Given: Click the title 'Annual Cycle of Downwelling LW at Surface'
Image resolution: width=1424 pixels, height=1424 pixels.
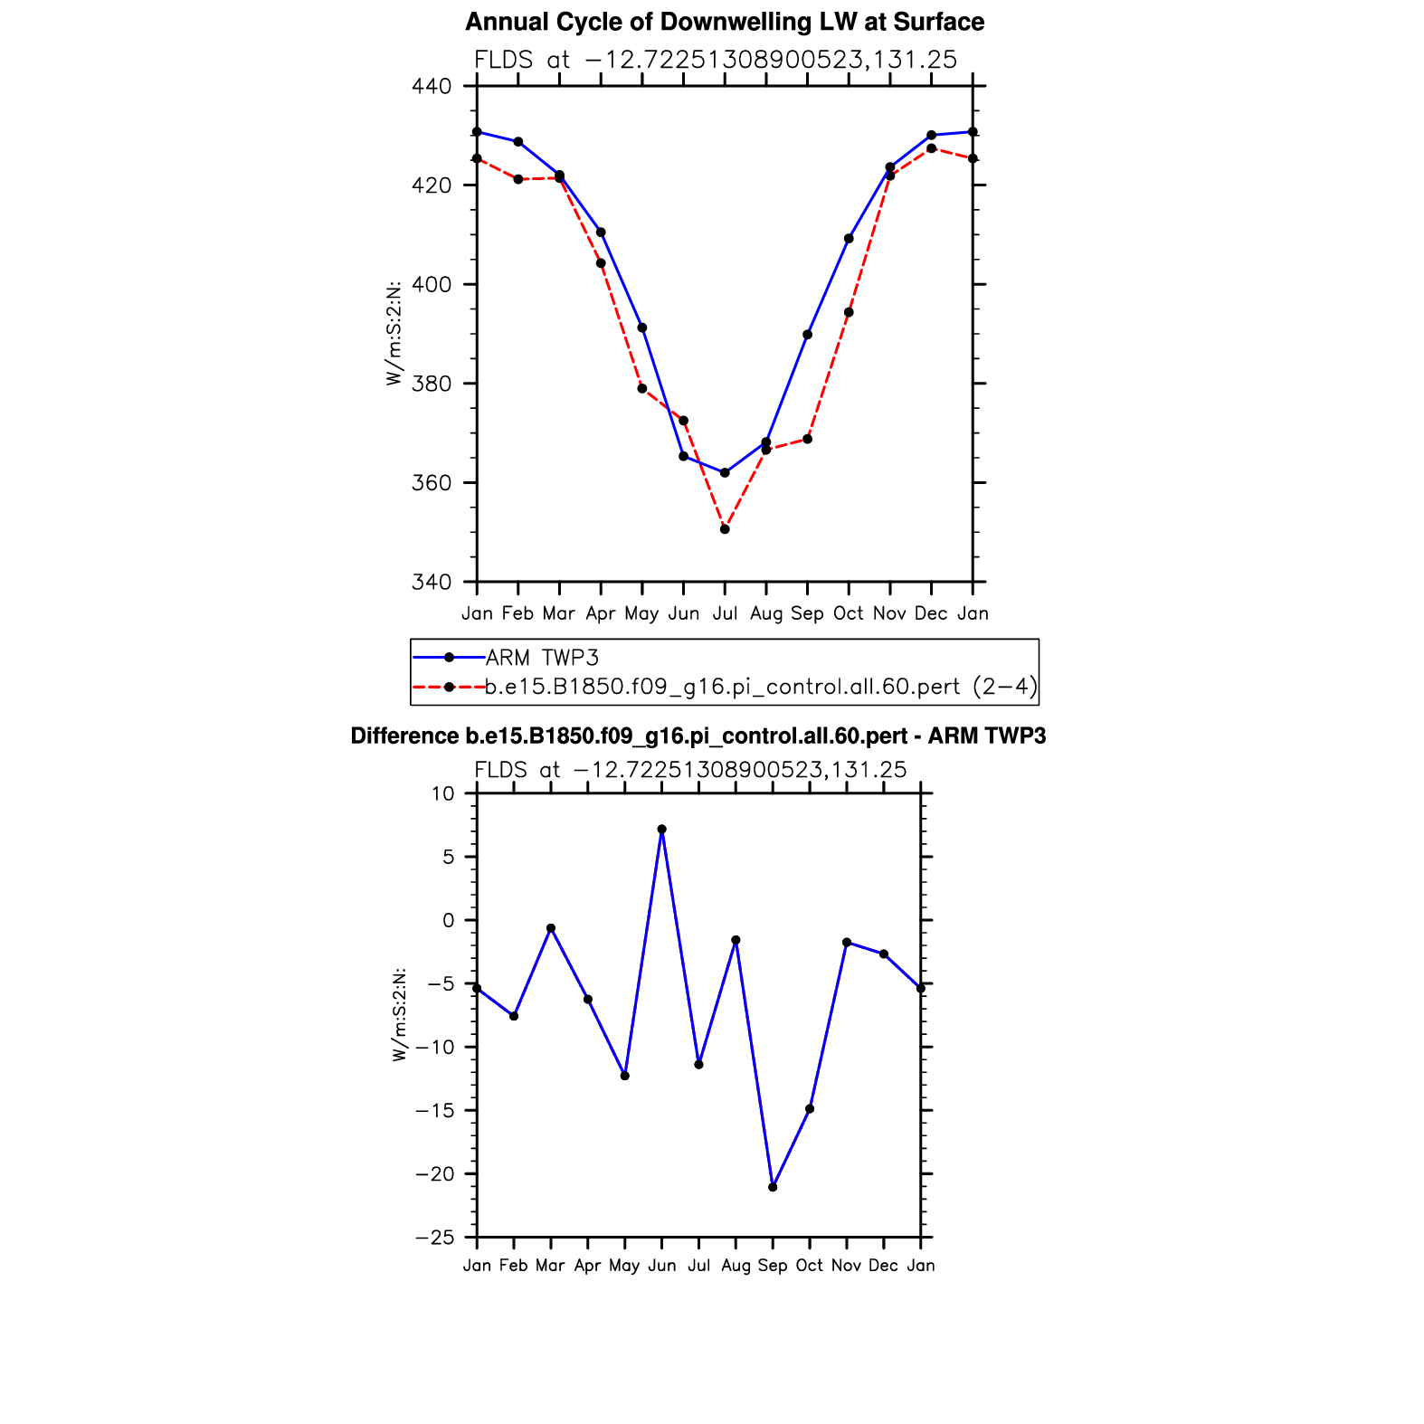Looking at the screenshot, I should pos(724,22).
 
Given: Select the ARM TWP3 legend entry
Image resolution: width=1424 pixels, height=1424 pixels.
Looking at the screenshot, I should pos(542,658).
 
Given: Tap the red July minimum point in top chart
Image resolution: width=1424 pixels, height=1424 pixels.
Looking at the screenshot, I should pos(725,529).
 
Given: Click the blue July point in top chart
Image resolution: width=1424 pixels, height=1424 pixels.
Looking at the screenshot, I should pos(725,472).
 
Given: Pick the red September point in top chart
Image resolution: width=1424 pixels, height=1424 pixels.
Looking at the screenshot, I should pos(807,439).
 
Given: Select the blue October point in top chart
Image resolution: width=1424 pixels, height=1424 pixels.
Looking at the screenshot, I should pos(849,239).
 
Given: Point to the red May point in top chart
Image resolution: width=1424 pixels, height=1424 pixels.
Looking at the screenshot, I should pos(642,388).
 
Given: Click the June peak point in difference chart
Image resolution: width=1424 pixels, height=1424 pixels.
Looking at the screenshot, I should pos(661,829).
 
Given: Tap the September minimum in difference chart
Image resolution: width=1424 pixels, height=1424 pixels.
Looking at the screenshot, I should pos(773,1187).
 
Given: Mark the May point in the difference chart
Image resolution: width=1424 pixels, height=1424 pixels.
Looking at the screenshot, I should pos(624,1076).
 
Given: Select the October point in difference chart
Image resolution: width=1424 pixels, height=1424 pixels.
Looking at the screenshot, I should pos(810,1109).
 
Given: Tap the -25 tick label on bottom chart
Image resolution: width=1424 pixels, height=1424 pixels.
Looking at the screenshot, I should pos(434,1238).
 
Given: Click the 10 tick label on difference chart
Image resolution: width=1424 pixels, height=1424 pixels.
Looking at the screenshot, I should pos(442,793).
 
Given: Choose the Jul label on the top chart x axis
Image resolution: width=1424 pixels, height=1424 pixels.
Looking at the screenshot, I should pos(725,613).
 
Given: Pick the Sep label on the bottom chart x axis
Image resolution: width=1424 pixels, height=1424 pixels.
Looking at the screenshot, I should pos(773,1266).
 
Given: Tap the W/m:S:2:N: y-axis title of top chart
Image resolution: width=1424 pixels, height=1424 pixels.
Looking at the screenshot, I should pos(394,334).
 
